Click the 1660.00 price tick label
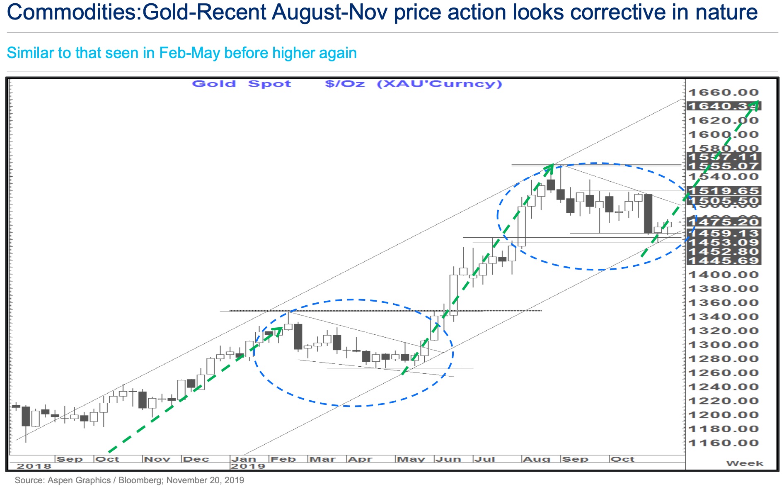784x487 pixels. tap(723, 93)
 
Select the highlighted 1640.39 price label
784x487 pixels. tap(723, 106)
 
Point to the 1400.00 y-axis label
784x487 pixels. tap(723, 275)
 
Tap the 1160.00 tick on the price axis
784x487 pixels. tap(723, 443)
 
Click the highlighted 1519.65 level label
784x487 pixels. tap(724, 191)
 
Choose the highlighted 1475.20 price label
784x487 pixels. tap(724, 222)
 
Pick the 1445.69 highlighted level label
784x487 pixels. tap(724, 261)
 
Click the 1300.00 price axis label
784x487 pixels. tap(723, 345)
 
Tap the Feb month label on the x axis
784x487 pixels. tap(283, 459)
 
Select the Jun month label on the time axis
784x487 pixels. tap(448, 459)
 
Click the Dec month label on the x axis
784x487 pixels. tap(196, 459)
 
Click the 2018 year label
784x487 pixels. tap(34, 466)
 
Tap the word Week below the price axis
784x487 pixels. tap(744, 463)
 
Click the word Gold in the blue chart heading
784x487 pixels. tap(214, 84)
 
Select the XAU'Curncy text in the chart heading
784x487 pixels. tap(440, 84)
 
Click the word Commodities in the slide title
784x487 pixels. tap(72, 12)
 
